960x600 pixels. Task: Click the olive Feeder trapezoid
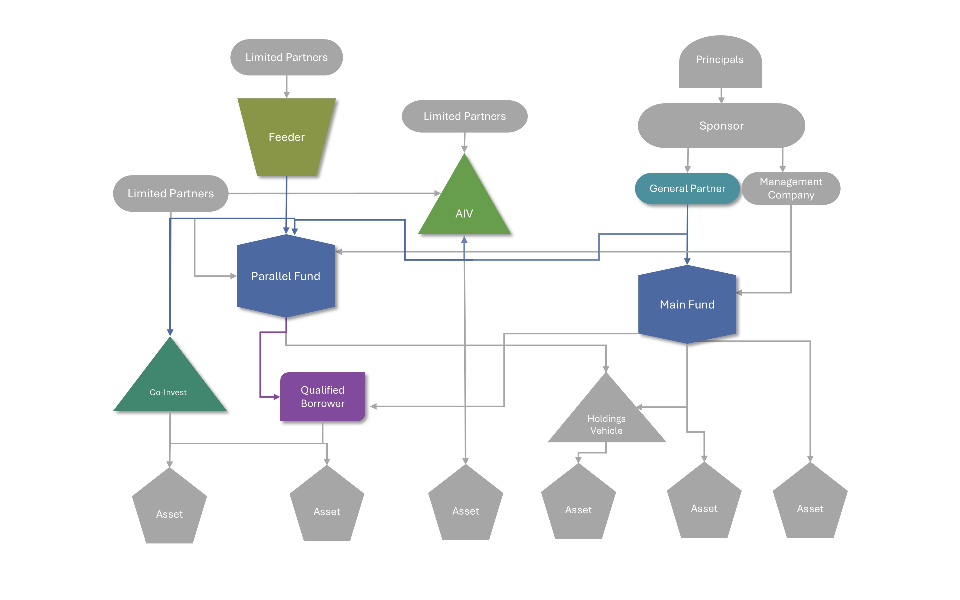[286, 137]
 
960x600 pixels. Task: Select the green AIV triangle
[464, 206]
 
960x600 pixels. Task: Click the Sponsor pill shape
[721, 126]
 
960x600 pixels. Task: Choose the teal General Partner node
[687, 189]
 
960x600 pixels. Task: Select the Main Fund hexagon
[687, 304]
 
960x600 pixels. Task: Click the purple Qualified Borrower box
[322, 397]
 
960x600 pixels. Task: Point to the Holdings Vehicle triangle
[606, 421]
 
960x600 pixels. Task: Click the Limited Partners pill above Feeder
[286, 57]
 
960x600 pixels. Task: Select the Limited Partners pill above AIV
[465, 116]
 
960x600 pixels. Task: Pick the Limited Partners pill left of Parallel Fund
[171, 193]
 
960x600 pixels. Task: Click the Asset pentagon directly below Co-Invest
[169, 510]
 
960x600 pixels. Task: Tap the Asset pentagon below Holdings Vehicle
[578, 506]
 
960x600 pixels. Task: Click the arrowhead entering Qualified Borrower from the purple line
[277, 397]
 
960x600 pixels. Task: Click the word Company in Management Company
[791, 195]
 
